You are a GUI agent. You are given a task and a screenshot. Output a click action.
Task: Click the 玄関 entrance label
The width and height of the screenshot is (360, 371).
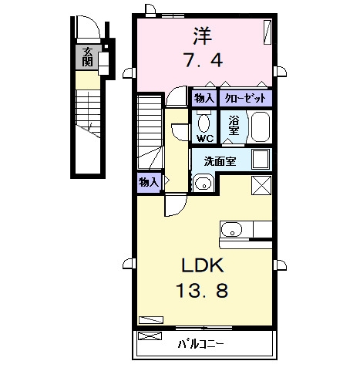tap(88, 57)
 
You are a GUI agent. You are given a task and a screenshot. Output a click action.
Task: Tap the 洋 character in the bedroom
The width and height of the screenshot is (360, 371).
tap(203, 36)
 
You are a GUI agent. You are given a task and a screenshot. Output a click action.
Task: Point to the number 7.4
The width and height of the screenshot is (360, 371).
tap(203, 60)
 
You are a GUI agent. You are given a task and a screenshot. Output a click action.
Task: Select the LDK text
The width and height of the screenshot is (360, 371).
tap(203, 265)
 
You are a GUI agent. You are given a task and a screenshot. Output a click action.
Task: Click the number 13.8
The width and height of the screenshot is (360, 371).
tap(203, 291)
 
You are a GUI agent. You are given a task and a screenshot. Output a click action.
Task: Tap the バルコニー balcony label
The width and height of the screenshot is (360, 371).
tap(201, 343)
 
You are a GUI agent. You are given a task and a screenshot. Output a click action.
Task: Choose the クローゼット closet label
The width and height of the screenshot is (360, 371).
tap(245, 98)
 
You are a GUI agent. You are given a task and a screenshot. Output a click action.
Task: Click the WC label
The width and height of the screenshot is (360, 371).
tap(205, 139)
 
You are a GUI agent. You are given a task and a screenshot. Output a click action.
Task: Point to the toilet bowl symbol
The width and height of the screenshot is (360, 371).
tap(204, 123)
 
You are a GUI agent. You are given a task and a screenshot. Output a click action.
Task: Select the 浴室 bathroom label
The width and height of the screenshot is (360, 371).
tap(234, 125)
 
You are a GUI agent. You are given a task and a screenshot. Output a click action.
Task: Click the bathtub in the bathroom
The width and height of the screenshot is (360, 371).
tap(261, 127)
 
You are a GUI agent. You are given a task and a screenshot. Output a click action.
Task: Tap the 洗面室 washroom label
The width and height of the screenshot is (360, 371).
tap(220, 161)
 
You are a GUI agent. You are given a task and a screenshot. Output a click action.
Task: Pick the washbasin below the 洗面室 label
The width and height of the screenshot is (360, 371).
tap(204, 184)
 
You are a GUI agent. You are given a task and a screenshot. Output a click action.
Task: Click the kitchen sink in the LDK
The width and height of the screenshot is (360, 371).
tap(232, 229)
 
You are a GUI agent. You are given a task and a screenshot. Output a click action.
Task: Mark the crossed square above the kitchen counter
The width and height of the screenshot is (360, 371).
tap(261, 185)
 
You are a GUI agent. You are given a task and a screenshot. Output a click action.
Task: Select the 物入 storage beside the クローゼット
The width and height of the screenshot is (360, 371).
tap(204, 98)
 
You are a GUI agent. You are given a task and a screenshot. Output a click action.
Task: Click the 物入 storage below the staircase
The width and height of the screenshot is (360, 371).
tap(149, 183)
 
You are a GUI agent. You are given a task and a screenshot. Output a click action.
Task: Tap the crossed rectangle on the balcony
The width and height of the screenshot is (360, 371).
tap(150, 336)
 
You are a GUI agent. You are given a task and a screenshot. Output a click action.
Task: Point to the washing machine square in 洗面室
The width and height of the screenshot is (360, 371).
tap(261, 159)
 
